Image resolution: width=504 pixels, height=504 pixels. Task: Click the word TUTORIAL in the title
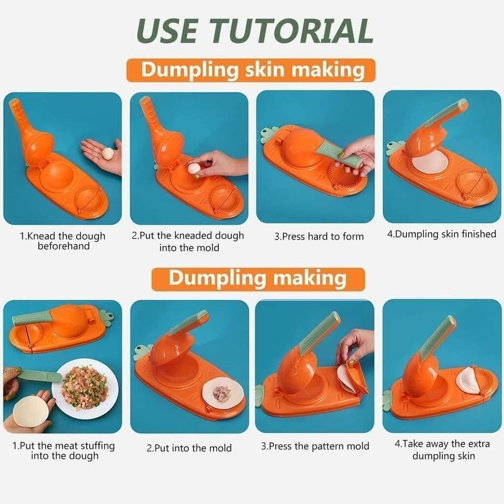click(291, 31)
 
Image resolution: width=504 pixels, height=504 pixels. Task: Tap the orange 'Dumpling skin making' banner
click(251, 70)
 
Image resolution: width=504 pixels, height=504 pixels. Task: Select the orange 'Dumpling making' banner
click(258, 279)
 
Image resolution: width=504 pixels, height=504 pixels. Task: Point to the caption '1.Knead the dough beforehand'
click(63, 241)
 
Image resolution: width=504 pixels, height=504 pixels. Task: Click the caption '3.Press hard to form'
click(319, 236)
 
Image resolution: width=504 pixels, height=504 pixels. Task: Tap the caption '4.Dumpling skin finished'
click(442, 234)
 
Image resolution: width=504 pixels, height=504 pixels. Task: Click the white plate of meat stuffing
click(85, 389)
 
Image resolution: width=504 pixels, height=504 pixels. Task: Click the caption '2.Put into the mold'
click(189, 448)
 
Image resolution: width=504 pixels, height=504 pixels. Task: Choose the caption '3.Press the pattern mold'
click(315, 446)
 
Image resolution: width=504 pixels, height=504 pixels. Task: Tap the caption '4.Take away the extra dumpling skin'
click(443, 450)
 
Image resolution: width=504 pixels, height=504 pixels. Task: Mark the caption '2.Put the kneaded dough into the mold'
click(188, 242)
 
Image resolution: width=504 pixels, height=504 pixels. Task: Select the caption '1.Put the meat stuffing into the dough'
click(64, 451)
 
